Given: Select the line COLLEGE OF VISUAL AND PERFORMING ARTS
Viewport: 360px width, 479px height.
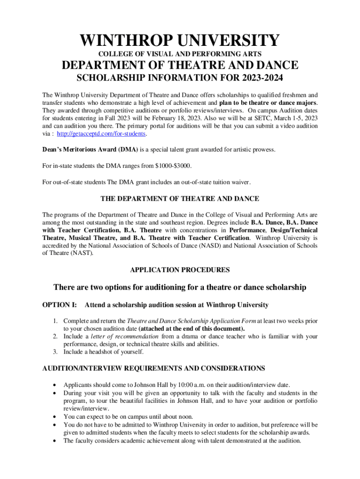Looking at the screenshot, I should click(x=180, y=54).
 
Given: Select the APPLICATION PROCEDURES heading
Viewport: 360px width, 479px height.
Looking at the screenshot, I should click(x=180, y=270).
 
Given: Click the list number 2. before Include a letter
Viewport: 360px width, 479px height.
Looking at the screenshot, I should click(x=55, y=336).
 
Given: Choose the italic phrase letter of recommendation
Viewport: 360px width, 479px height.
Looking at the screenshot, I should click(x=125, y=336).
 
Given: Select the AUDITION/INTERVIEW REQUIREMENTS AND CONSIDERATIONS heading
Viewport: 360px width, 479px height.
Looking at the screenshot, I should click(x=154, y=369).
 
